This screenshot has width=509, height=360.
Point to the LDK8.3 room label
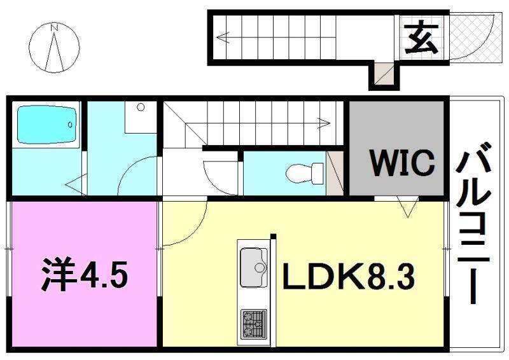point(349,277)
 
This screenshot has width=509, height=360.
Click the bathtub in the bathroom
point(46,125)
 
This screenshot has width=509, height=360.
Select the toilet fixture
point(304,172)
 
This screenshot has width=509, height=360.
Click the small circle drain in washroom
point(140,107)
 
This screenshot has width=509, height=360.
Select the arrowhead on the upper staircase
point(221,37)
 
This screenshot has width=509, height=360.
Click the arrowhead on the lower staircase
point(324,123)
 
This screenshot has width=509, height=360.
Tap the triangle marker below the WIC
point(407,206)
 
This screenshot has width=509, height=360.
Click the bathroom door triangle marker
point(76,186)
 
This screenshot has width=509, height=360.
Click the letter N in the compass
point(55,28)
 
